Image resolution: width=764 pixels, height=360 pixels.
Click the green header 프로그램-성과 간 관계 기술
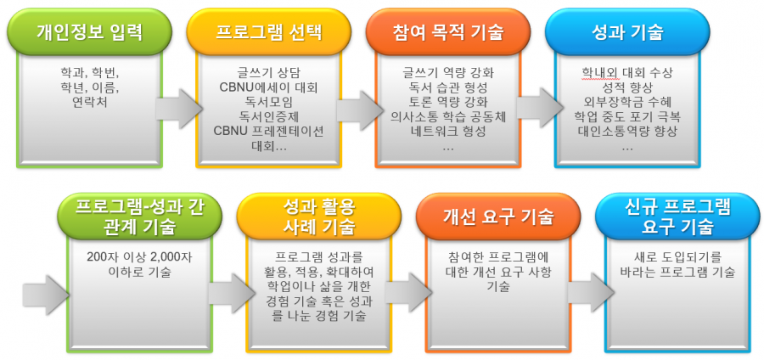pos(140,217)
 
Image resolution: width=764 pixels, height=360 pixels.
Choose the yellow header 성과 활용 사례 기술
pos(319,217)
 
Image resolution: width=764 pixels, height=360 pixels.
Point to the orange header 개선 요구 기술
pos(499,217)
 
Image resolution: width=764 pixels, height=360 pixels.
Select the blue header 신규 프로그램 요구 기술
pos(678,217)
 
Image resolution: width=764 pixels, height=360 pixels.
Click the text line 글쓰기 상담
pos(269,74)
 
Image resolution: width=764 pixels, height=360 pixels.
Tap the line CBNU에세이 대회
pos(269,88)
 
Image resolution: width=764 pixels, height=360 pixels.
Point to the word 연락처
pos(90,104)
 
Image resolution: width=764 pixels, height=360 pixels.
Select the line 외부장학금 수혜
pos(627,102)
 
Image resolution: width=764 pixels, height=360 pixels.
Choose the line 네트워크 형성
pos(448,132)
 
